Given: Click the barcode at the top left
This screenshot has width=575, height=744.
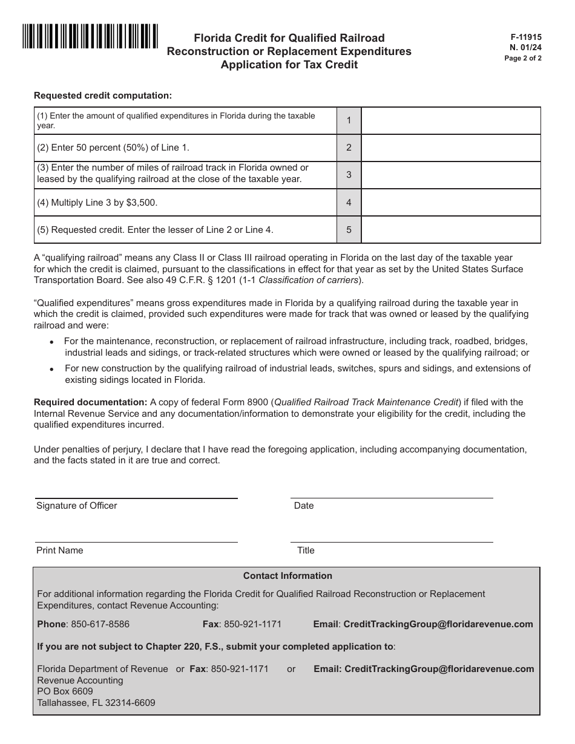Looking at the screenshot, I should (90, 36).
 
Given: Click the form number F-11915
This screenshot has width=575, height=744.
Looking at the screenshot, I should (526, 37).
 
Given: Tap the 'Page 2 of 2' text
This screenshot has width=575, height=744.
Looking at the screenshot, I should (523, 59).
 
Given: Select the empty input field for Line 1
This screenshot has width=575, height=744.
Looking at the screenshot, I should (450, 121).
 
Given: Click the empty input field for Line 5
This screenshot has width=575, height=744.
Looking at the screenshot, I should (450, 230).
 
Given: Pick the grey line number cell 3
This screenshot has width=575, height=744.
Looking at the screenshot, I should (349, 175).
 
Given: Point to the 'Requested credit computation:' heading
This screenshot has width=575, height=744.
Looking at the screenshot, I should (103, 95).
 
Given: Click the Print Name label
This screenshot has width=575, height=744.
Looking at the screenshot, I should (60, 550).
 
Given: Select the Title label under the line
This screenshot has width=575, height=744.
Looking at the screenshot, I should (306, 550).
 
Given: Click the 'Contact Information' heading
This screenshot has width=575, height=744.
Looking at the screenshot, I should (287, 576).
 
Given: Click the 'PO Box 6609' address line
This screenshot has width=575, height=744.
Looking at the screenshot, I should (65, 691).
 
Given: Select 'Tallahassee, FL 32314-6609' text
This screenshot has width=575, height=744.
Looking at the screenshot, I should (96, 703).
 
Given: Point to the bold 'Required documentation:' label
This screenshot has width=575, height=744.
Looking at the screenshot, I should (91, 402).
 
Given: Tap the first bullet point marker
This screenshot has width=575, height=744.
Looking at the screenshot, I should (51, 342).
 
